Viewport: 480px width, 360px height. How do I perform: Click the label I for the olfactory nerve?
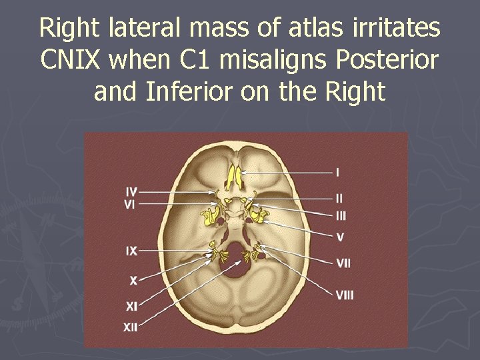coord(337,173)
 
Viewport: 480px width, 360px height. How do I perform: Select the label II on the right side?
coord(339,199)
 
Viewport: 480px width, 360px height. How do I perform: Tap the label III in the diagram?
coord(341,215)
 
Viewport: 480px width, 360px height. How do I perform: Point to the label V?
coord(340,237)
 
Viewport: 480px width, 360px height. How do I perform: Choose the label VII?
coord(343,264)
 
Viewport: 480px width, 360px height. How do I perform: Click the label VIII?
coord(345,294)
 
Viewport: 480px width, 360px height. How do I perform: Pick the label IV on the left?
coord(131,192)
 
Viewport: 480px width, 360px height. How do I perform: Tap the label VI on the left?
coord(131,205)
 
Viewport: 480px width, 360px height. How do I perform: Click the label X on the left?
coord(133,281)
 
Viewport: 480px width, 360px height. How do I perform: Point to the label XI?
coord(133,306)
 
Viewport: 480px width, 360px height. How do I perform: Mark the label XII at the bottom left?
coord(131,327)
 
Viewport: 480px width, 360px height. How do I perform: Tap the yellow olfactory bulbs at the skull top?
coord(235,175)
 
